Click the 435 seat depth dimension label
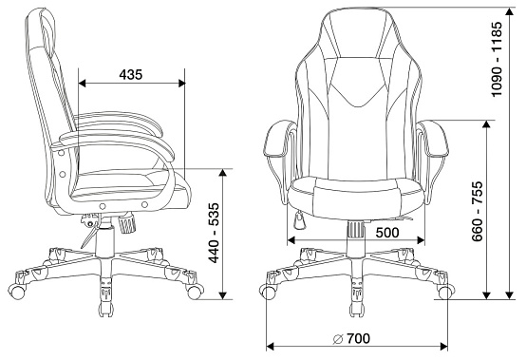pos(130,74)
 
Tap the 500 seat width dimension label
pos(387,232)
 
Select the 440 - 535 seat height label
pos(214,233)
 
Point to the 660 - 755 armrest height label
pos(478,212)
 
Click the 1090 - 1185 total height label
pos(497,59)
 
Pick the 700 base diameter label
pos(358,338)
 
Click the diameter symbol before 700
pos(338,339)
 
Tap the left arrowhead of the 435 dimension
pos(82,84)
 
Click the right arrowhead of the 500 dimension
pos(421,240)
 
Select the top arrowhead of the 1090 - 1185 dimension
pos(510,11)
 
